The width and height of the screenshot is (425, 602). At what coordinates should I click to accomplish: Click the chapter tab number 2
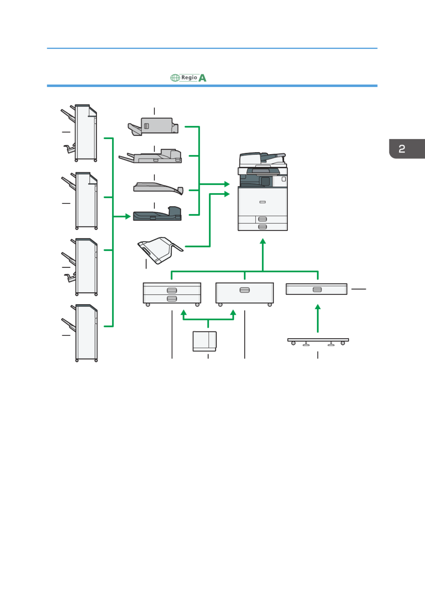click(x=402, y=149)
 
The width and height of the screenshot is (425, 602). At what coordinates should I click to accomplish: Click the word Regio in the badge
click(x=189, y=77)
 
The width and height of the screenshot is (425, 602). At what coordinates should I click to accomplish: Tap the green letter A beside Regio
click(x=202, y=78)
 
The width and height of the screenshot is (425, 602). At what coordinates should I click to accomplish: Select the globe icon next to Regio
click(x=175, y=78)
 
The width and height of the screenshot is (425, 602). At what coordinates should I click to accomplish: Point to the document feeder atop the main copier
click(x=262, y=159)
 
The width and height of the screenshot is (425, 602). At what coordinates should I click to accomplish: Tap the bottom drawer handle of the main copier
click(x=262, y=227)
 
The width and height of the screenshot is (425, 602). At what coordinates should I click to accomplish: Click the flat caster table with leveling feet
click(x=318, y=342)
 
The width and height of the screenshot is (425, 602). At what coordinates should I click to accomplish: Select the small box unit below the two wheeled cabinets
click(x=204, y=341)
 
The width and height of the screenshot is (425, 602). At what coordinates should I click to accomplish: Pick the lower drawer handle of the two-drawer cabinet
click(x=172, y=299)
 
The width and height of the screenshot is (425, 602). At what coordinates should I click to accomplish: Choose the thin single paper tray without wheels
click(x=316, y=289)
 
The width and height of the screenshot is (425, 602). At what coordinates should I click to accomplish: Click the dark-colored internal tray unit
click(x=157, y=214)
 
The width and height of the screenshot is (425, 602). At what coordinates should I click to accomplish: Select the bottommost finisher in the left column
click(x=80, y=333)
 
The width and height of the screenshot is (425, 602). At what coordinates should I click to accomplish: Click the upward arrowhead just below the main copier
click(x=263, y=241)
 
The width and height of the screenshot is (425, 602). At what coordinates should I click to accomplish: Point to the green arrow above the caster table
click(x=318, y=318)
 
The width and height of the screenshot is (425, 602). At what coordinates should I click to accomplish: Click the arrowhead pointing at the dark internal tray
click(x=128, y=216)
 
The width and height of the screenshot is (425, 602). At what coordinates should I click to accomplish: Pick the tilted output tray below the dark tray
click(x=160, y=250)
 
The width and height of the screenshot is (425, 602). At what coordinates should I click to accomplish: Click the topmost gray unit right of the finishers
click(x=153, y=126)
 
